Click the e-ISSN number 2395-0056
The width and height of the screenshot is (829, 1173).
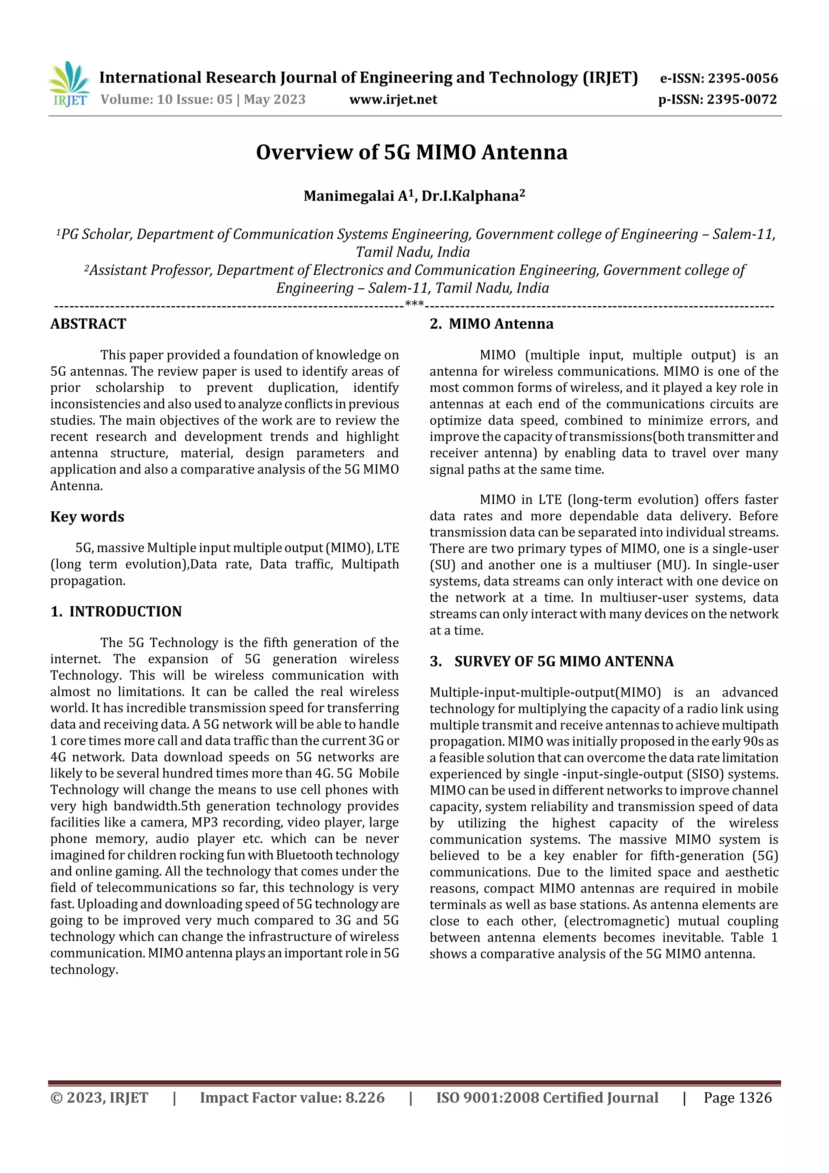(x=742, y=78)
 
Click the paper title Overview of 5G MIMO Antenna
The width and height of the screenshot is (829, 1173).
(x=411, y=152)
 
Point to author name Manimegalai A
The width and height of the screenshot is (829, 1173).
(x=356, y=196)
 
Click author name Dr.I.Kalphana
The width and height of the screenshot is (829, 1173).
(x=470, y=196)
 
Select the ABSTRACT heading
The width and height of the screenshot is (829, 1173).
(x=88, y=324)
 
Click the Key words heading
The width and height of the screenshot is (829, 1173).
(x=87, y=517)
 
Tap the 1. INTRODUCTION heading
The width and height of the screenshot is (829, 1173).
(x=116, y=611)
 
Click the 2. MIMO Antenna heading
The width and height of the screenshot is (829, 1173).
(x=491, y=324)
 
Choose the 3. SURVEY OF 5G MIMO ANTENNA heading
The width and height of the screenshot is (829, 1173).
(x=551, y=662)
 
